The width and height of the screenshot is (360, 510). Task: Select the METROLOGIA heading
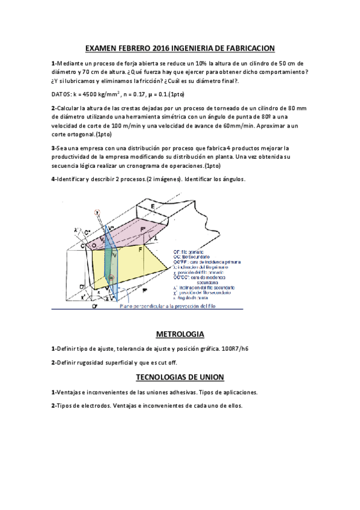tap(180, 334)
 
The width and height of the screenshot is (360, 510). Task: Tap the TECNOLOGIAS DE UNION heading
tap(180, 377)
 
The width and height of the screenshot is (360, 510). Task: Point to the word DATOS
tap(61, 94)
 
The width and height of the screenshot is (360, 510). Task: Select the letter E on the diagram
tap(153, 206)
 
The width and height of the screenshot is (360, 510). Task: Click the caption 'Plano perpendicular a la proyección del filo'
tap(180, 306)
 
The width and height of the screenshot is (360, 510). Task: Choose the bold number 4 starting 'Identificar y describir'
tap(53, 180)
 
